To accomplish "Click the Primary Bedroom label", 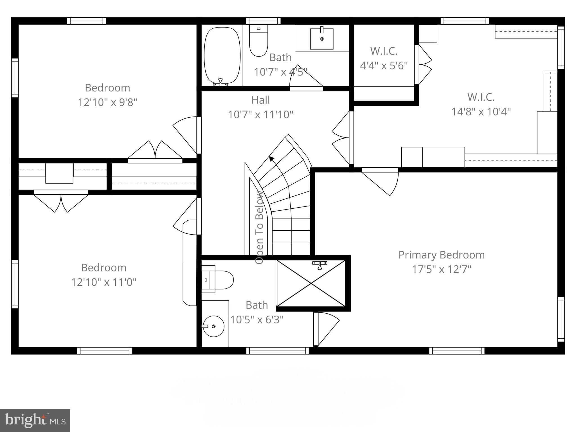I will [x=441, y=255].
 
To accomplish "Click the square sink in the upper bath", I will [x=321, y=39].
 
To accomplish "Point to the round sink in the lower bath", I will [x=213, y=326].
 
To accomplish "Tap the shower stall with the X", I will [x=311, y=283].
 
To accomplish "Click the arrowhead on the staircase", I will [x=271, y=159].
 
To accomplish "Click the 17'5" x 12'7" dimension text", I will [x=441, y=269].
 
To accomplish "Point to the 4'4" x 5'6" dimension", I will [x=384, y=66].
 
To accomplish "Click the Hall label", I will [x=260, y=100].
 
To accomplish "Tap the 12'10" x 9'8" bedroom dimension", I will [x=107, y=102].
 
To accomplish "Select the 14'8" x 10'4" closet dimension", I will [x=481, y=112].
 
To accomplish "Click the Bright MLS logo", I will [x=35, y=420].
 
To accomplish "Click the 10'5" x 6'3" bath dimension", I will [x=256, y=319].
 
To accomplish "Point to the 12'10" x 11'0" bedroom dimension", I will [x=103, y=282].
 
